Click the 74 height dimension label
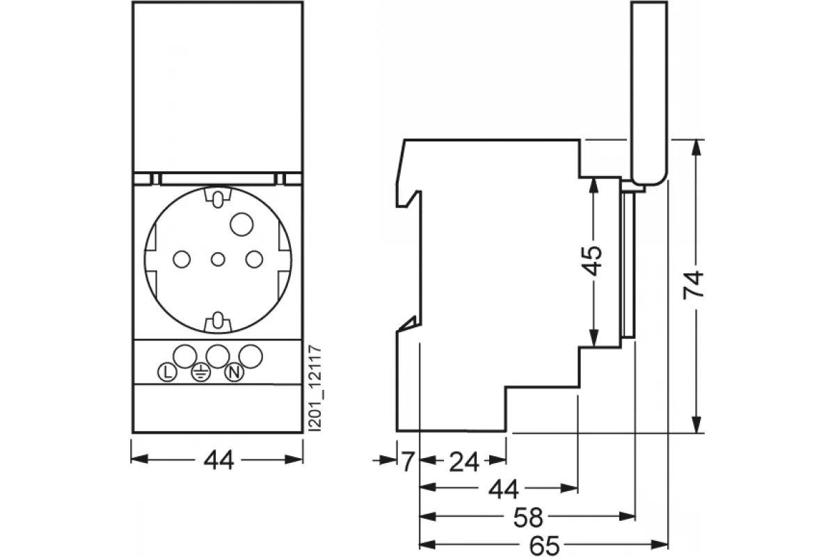pyautogui.click(x=693, y=285)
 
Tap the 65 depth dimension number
pyautogui.click(x=545, y=545)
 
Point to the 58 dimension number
pyautogui.click(x=528, y=517)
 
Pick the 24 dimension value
pyautogui.click(x=463, y=462)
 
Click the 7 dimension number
pyautogui.click(x=408, y=462)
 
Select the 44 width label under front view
pyautogui.click(x=218, y=460)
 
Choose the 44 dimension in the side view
pyautogui.click(x=503, y=489)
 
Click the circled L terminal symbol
pyautogui.click(x=167, y=372)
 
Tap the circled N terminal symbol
pyautogui.click(x=234, y=372)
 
